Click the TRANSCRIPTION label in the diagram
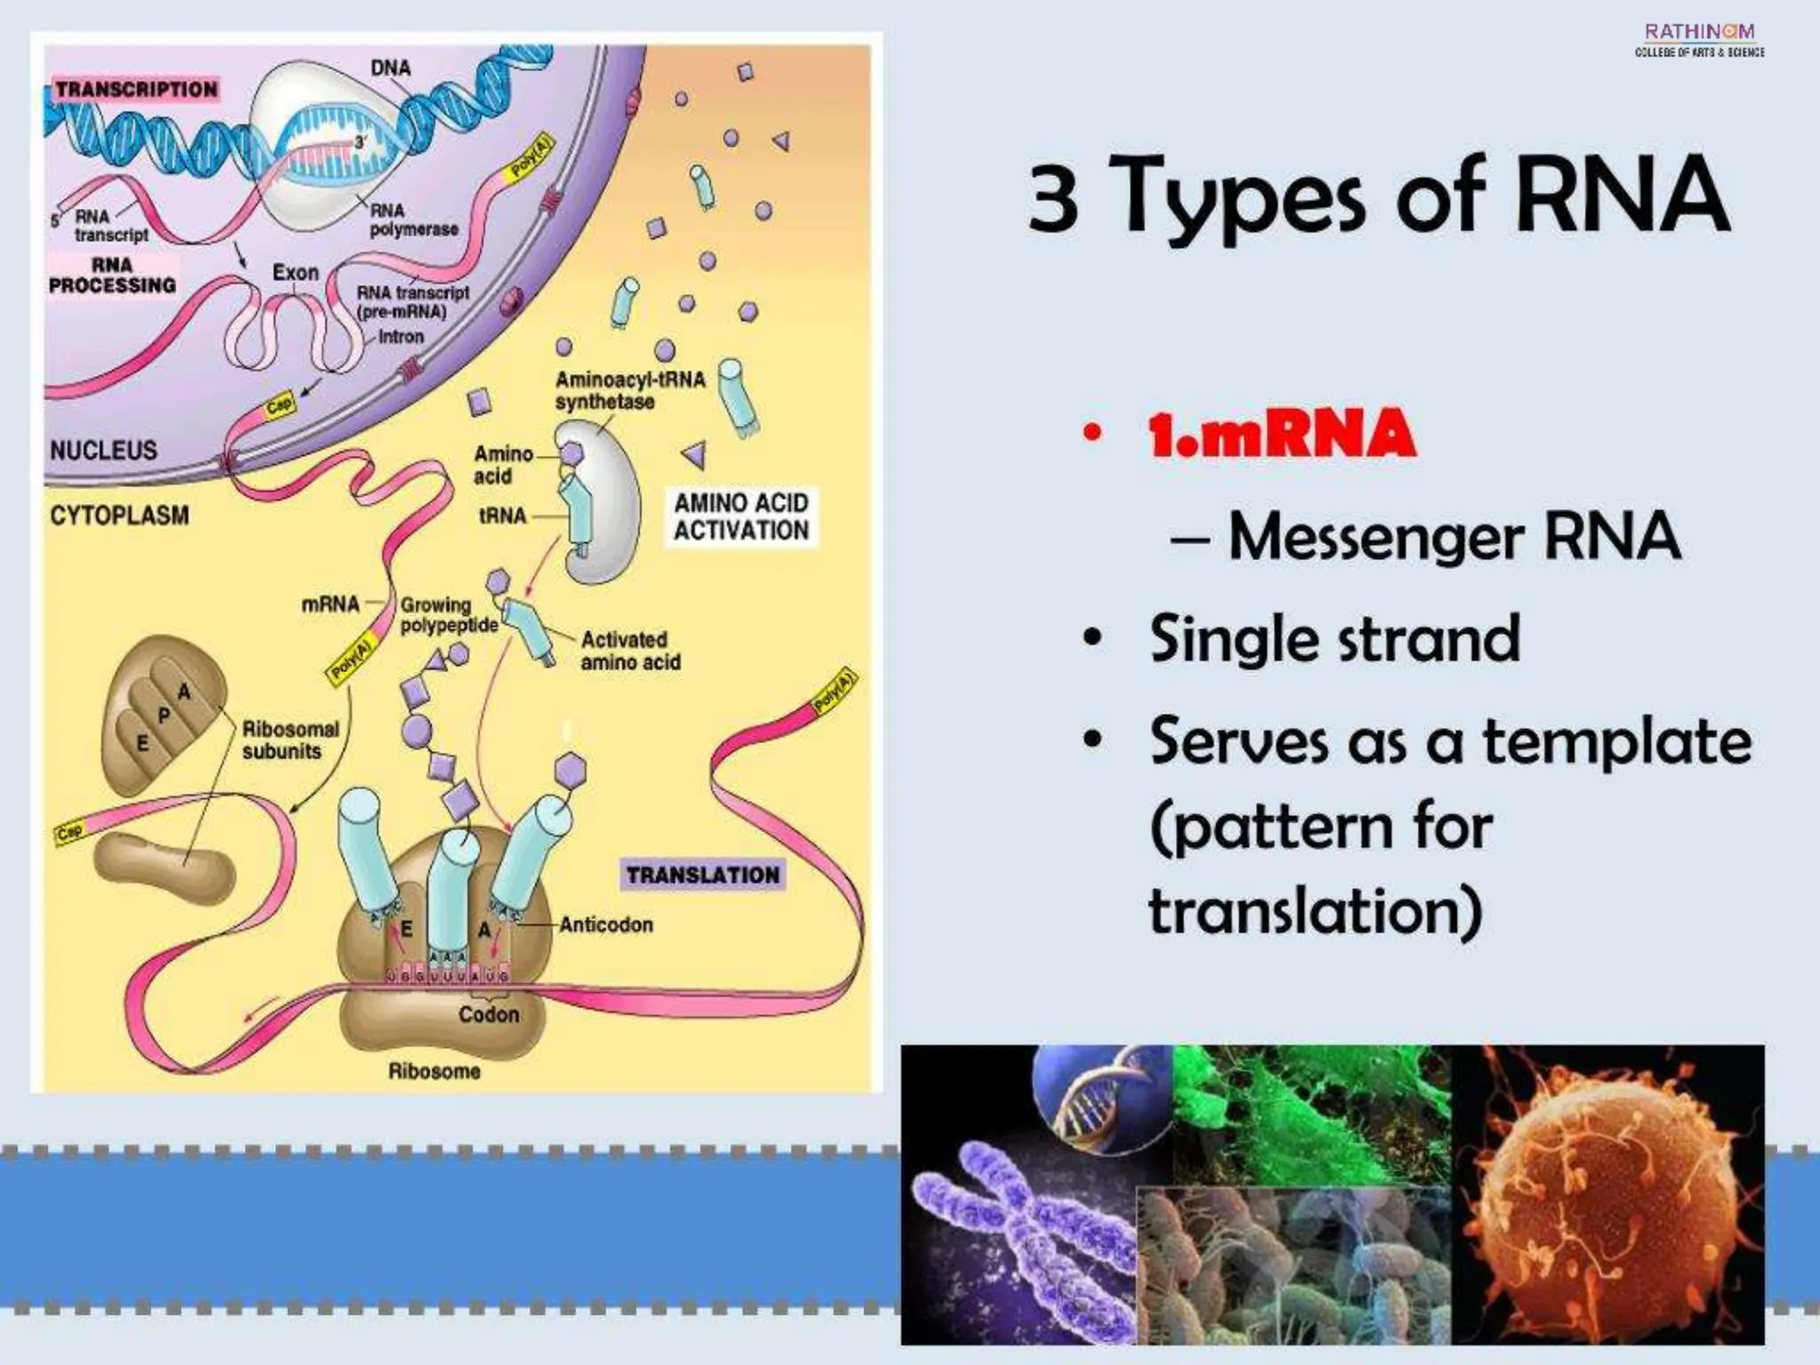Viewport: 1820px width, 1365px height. coord(137,89)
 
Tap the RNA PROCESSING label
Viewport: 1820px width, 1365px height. coord(112,275)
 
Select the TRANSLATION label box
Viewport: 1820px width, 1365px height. coord(703,875)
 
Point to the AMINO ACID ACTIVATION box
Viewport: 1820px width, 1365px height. coord(741,516)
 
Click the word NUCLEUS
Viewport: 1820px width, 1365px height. coord(103,451)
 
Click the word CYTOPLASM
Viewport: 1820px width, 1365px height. coord(119,515)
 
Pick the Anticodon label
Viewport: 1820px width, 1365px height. coord(606,925)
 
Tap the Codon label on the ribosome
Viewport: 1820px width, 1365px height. coord(489,1015)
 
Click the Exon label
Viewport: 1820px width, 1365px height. coord(295,272)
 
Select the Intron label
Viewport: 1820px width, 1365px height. coord(401,337)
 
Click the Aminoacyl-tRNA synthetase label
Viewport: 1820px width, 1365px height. coord(629,390)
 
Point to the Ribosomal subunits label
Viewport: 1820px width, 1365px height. coord(290,739)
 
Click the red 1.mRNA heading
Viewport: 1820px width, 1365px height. coord(1281,434)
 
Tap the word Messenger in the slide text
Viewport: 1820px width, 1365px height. coord(1376,538)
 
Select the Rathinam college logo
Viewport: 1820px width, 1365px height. coord(1699,40)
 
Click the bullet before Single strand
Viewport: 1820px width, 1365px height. coord(1093,639)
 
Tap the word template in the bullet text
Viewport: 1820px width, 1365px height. coord(1617,742)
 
